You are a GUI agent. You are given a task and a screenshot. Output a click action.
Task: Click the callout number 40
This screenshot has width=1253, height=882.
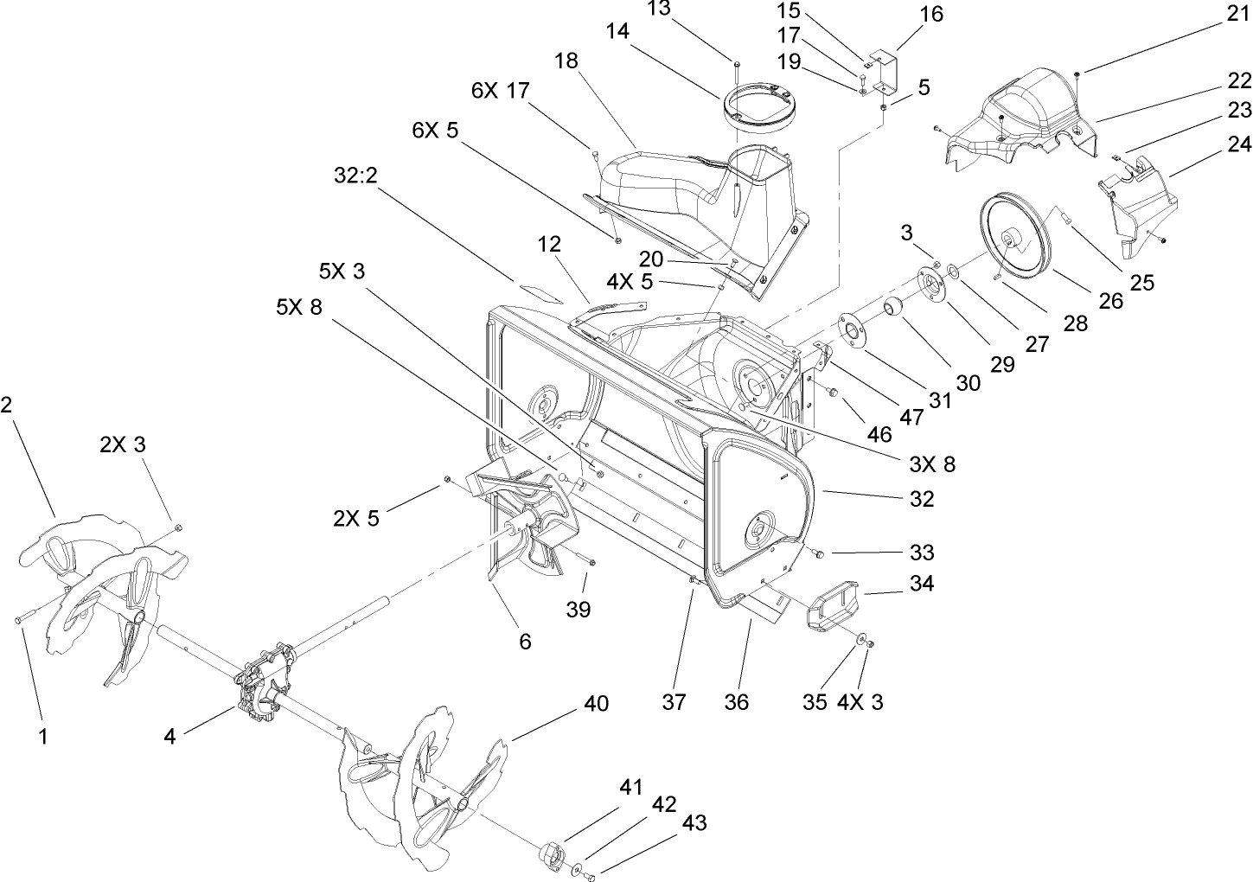pyautogui.click(x=597, y=704)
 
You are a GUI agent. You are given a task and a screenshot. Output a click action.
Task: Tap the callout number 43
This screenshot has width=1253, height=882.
pyautogui.click(x=694, y=822)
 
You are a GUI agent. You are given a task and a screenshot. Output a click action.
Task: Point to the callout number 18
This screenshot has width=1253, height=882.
pyautogui.click(x=567, y=61)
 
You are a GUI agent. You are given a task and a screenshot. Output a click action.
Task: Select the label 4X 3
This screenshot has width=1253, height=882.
pyautogui.click(x=860, y=702)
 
